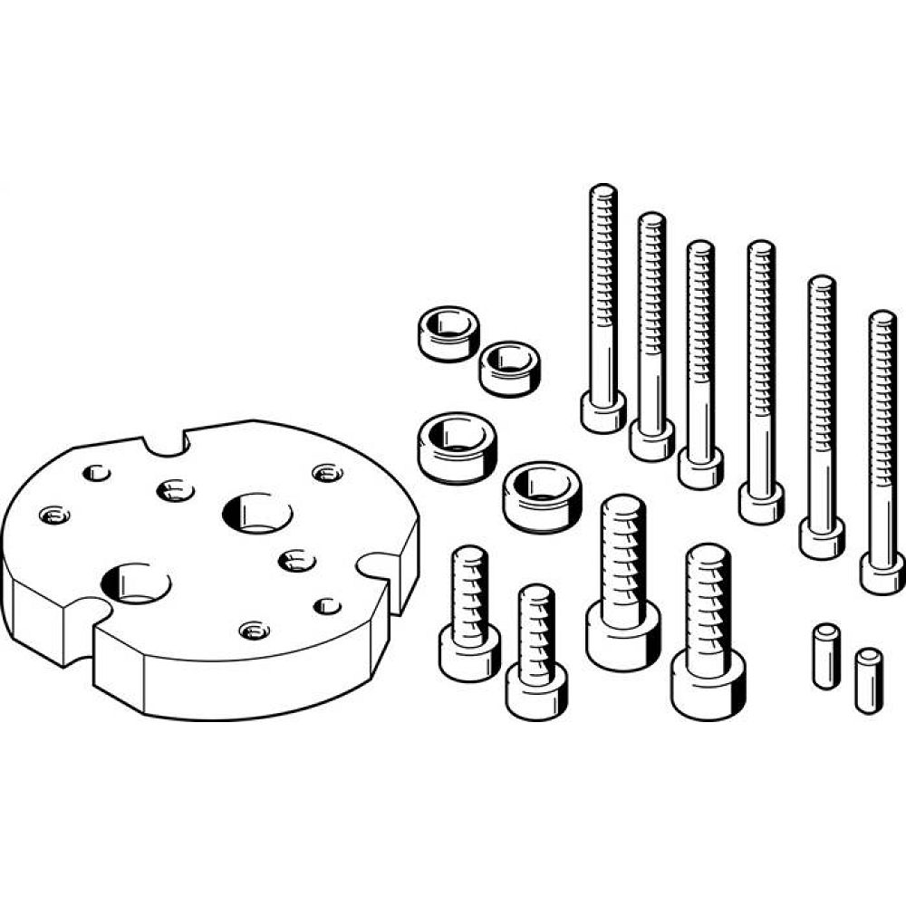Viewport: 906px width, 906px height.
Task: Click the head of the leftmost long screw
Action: coord(602,414)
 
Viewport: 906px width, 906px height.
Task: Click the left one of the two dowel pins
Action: coord(824,655)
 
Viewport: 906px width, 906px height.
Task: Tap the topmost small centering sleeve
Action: coord(448,333)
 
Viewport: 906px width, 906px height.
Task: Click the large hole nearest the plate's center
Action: coord(257,513)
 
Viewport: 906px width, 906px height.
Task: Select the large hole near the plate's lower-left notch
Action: coord(137,582)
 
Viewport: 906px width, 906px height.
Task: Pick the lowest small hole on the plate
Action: coord(253,629)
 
